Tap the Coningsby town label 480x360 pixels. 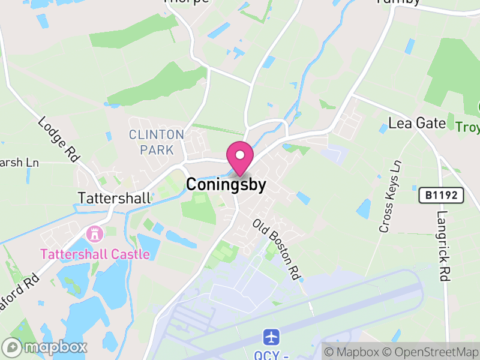pyautogui.click(x=226, y=185)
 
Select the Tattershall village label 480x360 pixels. pyautogui.click(x=114, y=197)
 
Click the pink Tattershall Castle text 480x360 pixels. pyautogui.click(x=95, y=254)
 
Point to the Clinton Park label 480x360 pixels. pyautogui.click(x=156, y=142)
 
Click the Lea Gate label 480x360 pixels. pyautogui.click(x=417, y=124)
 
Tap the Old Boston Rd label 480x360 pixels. pyautogui.click(x=277, y=248)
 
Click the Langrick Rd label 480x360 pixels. pyautogui.click(x=443, y=240)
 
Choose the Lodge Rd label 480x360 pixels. pyautogui.click(x=59, y=139)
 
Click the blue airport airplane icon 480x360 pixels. pyautogui.click(x=271, y=335)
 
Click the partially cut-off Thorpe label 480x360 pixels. pyautogui.click(x=187, y=2)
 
